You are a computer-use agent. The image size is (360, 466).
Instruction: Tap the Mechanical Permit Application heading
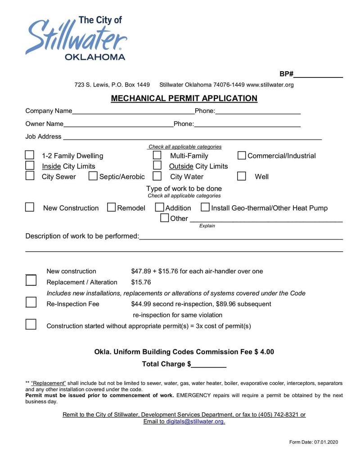coord(184,98)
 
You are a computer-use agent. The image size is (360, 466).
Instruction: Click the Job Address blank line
coord(192,137)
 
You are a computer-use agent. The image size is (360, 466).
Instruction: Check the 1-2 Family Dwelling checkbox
coord(30,155)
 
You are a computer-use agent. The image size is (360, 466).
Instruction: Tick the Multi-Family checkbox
coord(157,155)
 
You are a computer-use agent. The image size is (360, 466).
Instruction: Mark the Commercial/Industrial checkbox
coord(242,156)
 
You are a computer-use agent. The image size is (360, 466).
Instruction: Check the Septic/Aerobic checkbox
coord(93,176)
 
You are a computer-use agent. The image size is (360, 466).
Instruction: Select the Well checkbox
coord(242,176)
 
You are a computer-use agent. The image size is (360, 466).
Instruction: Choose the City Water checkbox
coord(157,176)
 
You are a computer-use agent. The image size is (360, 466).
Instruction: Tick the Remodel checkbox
coord(112,208)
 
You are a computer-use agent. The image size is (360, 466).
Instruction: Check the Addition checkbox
coord(159,208)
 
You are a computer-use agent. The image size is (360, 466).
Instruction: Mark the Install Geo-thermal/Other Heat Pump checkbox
coord(205,208)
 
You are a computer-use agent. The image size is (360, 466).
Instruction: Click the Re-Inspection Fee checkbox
coord(31,302)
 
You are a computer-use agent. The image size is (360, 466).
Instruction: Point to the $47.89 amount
coord(141,271)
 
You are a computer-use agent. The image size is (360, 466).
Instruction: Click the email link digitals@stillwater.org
coord(195,421)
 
